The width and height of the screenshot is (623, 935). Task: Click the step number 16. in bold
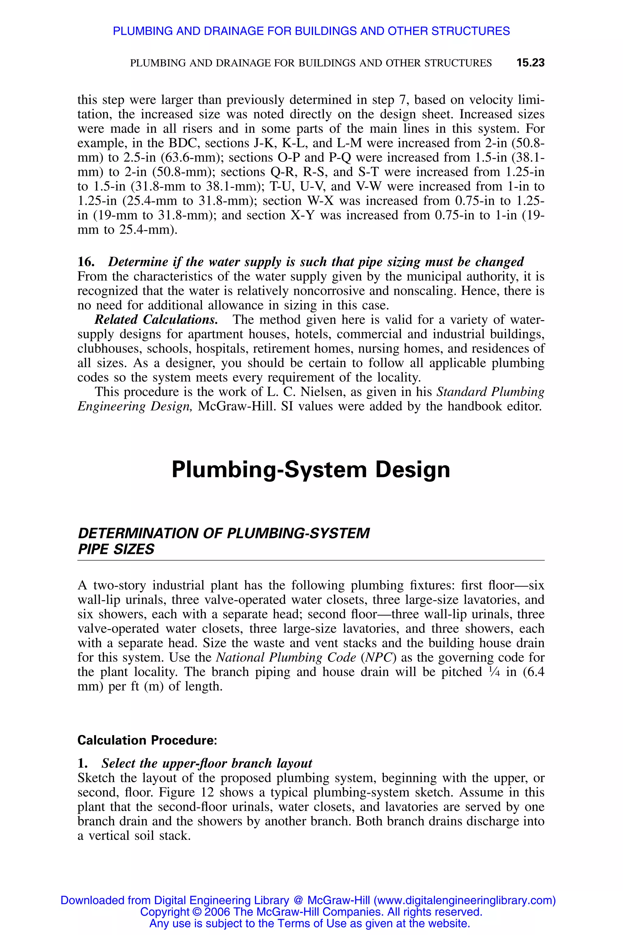86,262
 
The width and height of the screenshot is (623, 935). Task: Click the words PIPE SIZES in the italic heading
116,549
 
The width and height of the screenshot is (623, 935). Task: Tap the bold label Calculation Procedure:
147,740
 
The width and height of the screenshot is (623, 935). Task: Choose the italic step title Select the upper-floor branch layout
207,763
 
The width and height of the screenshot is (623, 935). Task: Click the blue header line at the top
311,31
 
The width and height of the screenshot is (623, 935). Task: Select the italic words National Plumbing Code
286,657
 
